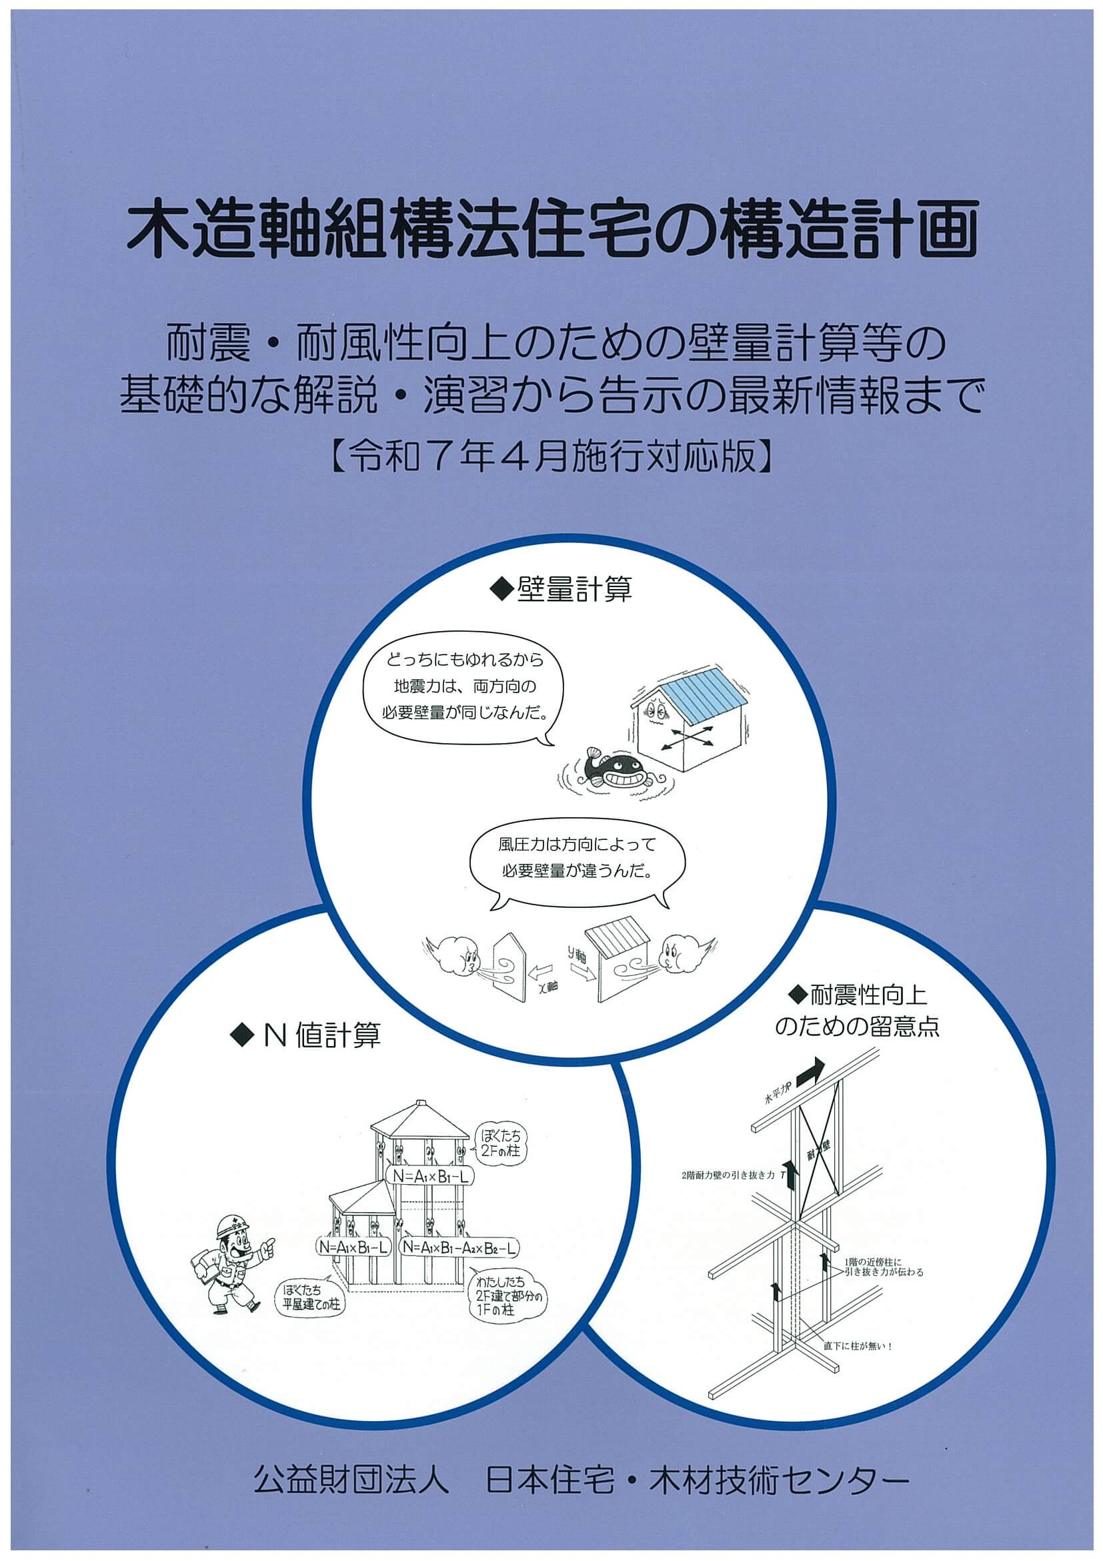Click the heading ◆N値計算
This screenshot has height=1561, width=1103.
click(306, 1035)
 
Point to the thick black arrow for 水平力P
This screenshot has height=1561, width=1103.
click(810, 1069)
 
